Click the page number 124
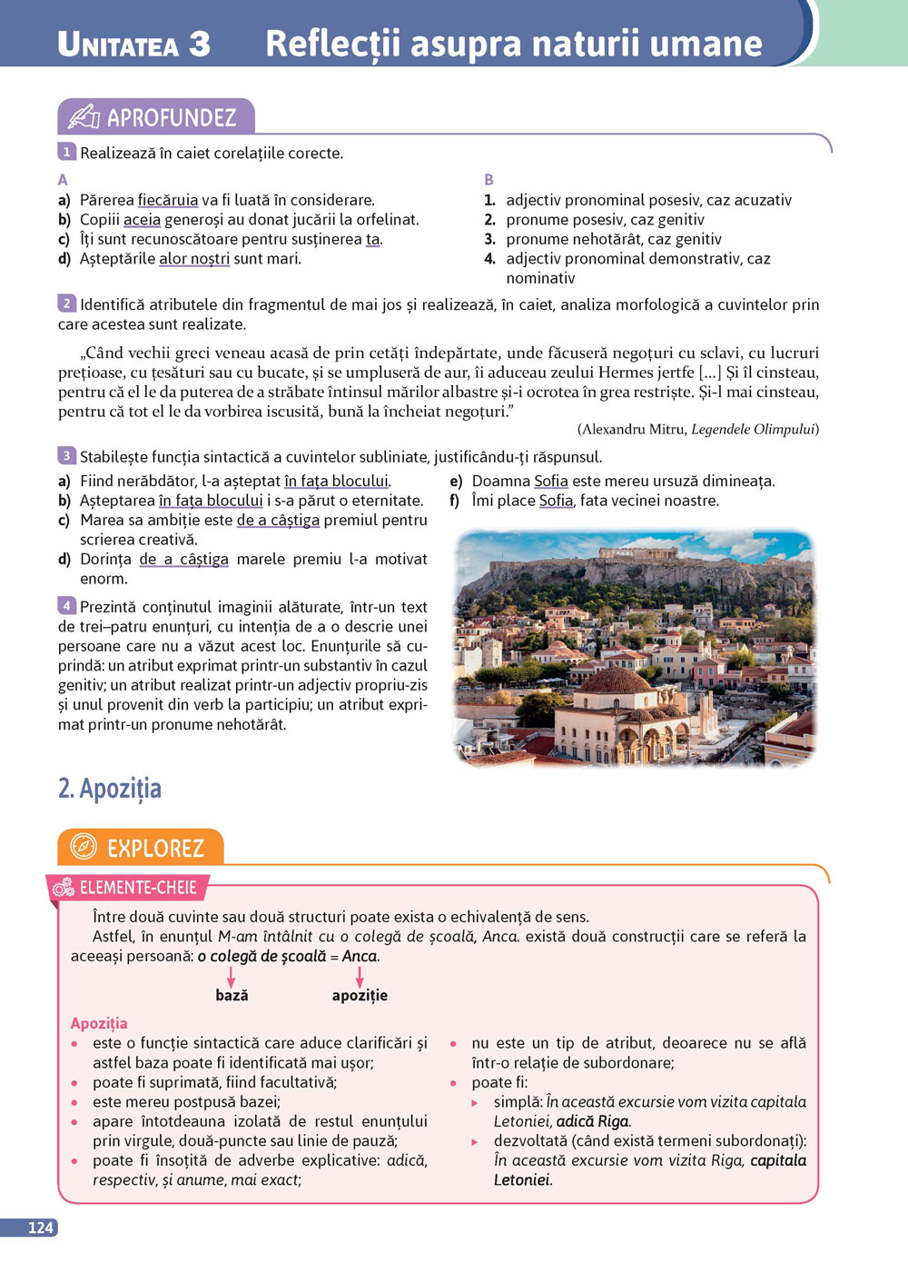(40, 1228)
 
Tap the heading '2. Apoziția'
(110, 788)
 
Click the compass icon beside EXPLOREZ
(84, 847)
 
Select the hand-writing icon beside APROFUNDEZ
(84, 116)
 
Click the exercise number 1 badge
(66, 152)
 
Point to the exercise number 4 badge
(66, 605)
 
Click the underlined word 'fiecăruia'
(167, 200)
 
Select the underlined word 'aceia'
(142, 219)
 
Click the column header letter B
(489, 180)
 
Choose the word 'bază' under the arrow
(232, 996)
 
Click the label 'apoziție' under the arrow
(360, 996)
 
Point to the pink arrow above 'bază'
(231, 976)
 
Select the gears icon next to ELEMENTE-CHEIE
(63, 888)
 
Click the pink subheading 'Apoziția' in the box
(99, 1023)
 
